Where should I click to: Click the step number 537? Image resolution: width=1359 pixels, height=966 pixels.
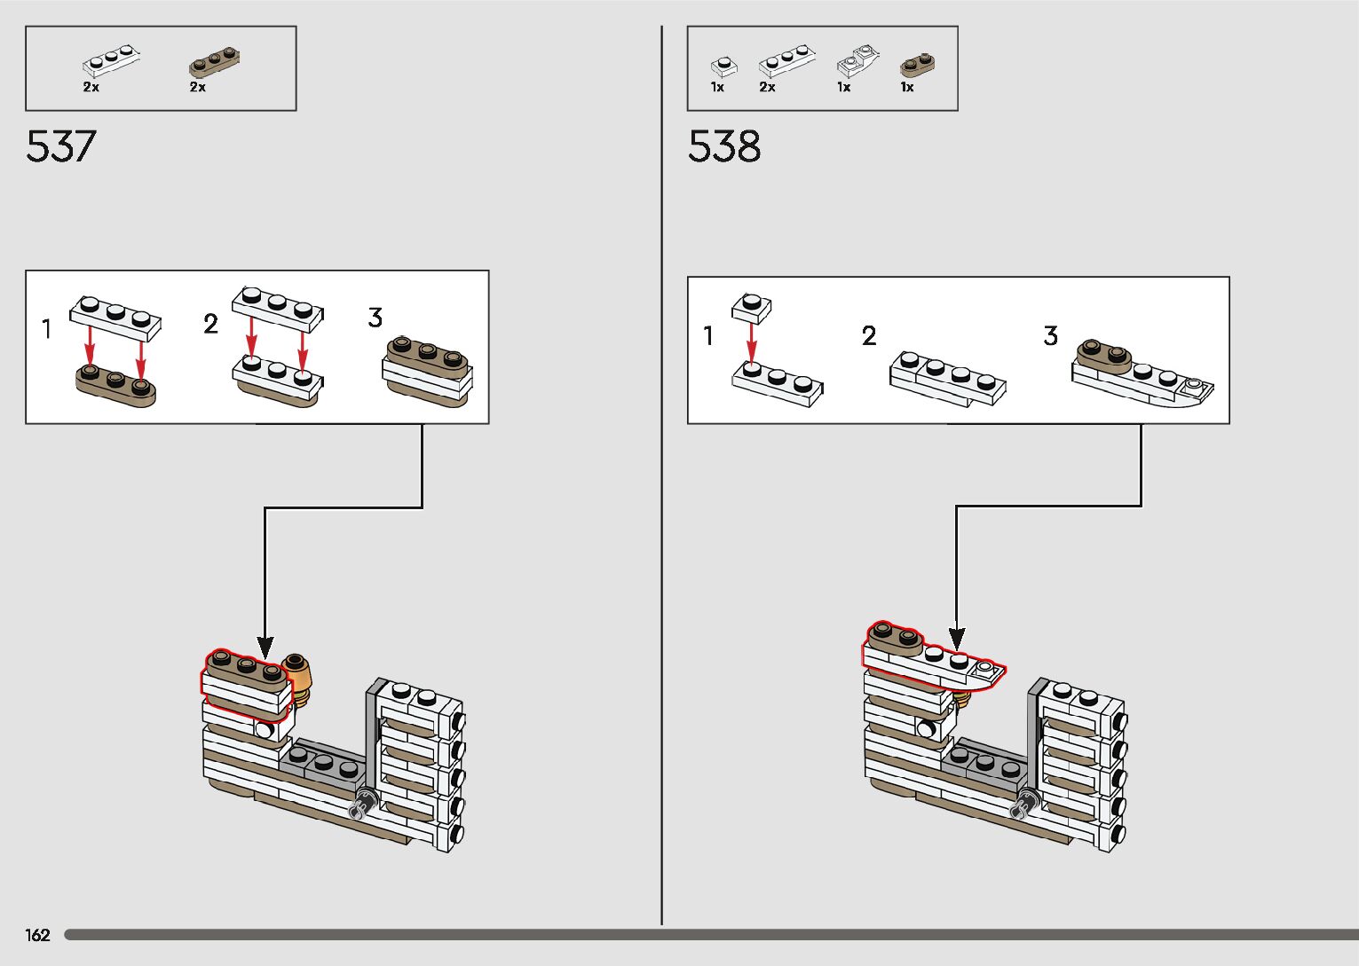[60, 146]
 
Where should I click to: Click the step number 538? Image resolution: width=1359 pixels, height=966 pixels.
[723, 146]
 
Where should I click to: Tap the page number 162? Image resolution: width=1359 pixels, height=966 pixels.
[37, 935]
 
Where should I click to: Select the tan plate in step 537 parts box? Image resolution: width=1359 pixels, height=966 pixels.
[214, 62]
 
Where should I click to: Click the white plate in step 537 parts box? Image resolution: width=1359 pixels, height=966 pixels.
[111, 61]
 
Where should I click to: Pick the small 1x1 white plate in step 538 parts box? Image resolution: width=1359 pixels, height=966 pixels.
[723, 67]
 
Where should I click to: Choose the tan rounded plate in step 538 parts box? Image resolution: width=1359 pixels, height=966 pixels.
[915, 67]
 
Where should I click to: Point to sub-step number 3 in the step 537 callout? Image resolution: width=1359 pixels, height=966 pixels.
[375, 318]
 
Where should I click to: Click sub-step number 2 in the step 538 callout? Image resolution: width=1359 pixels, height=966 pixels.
[868, 335]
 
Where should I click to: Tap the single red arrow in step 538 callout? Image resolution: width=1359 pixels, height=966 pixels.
[751, 342]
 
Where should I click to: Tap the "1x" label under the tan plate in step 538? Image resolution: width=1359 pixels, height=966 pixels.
[906, 87]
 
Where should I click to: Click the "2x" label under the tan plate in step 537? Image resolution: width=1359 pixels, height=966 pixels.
[197, 87]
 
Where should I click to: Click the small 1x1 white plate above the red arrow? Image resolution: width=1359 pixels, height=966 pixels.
[751, 307]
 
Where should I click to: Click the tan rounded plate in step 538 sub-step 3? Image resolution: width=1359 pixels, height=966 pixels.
[1103, 353]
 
